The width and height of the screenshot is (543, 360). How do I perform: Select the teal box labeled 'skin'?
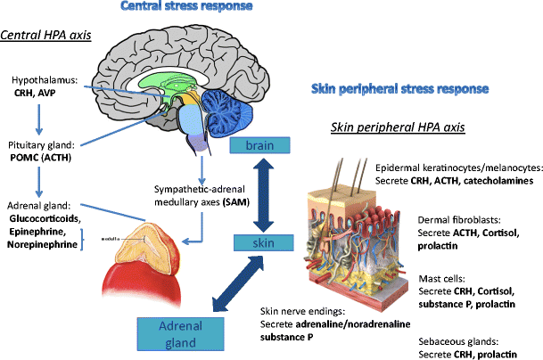(x=262, y=242)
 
